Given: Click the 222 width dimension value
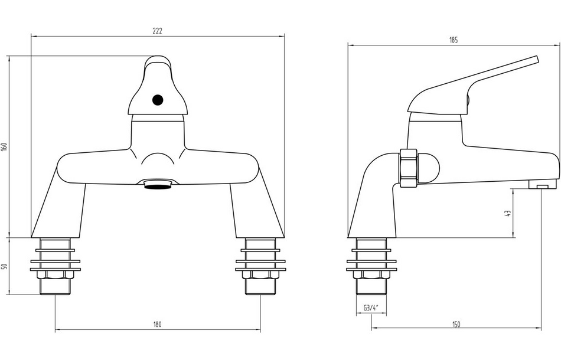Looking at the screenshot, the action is pos(158,31).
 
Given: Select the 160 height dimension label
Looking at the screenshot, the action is pos(4,146).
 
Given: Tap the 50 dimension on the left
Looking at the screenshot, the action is pos(4,266).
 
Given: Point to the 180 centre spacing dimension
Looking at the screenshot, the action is pos(158,324).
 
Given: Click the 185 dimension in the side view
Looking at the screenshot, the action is pos(454,40).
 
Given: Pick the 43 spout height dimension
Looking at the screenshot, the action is pos(507,214).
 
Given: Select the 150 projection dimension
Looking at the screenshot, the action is pos(456,324).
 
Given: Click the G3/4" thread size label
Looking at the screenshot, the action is pos(371,307).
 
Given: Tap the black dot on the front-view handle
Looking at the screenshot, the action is pos(158,100).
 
